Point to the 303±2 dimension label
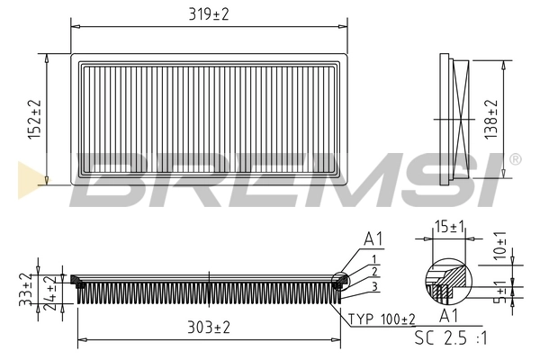(x=208, y=328)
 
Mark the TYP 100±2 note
(x=382, y=319)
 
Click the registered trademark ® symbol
(x=514, y=159)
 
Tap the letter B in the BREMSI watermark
(x=112, y=180)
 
